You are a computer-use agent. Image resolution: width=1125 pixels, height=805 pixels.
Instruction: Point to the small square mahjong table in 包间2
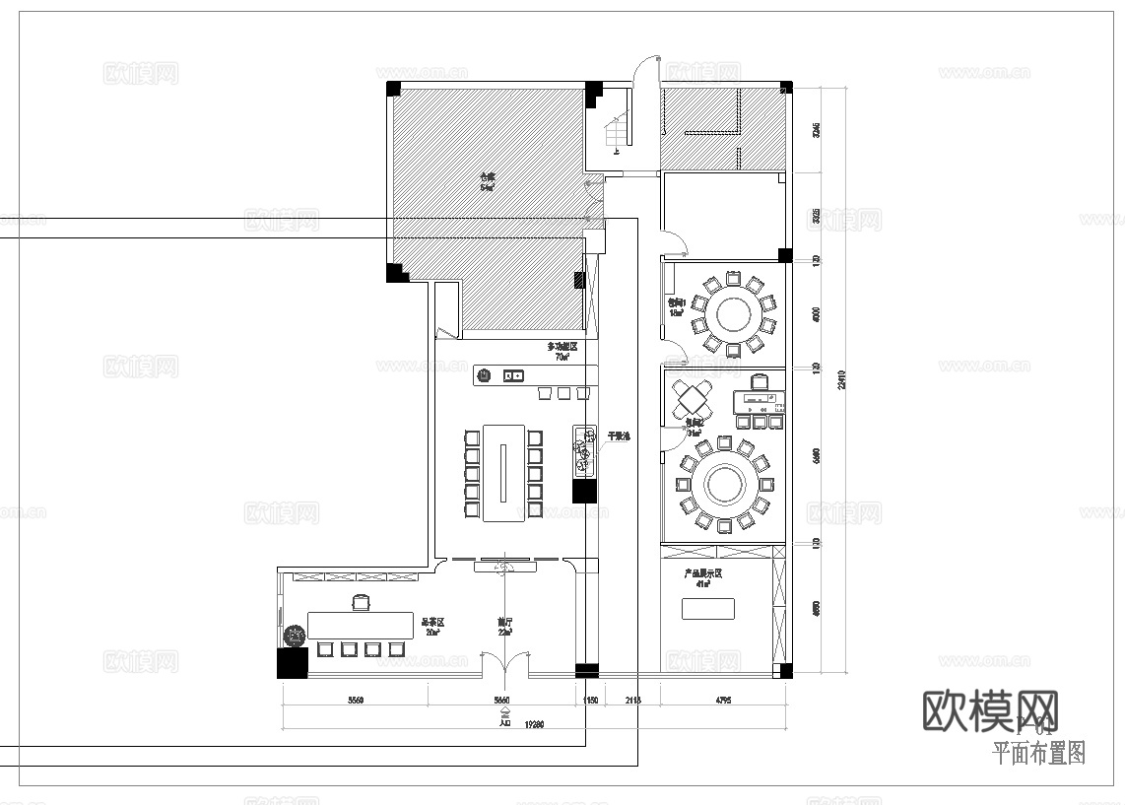[694, 399]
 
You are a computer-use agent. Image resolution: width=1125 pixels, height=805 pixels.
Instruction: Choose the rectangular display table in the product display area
[708, 609]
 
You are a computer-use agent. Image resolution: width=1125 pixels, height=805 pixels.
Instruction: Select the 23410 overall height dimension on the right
[841, 379]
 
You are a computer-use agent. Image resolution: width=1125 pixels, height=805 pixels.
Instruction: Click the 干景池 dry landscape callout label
[618, 436]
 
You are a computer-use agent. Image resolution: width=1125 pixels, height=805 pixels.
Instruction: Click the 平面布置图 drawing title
[1037, 755]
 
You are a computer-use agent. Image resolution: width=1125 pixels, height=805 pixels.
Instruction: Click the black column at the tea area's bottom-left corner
[293, 662]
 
